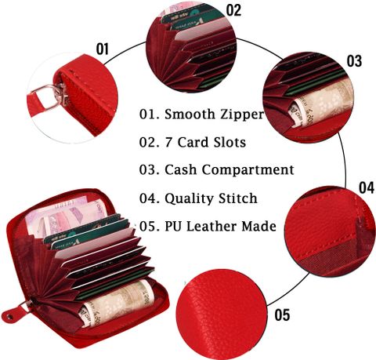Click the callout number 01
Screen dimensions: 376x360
(102, 49)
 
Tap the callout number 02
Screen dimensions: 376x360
(233, 10)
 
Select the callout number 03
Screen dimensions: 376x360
(354, 61)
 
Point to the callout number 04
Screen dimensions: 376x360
(367, 187)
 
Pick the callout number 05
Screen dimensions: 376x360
(282, 315)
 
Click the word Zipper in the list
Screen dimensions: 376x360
(242, 115)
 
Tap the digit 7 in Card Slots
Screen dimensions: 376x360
(168, 142)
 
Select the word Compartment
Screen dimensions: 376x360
(248, 170)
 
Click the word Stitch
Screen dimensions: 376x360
(238, 198)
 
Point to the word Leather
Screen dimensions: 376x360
(211, 226)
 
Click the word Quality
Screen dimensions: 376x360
(189, 198)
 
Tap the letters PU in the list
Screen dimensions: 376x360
(173, 226)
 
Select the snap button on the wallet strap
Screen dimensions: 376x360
(10, 317)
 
